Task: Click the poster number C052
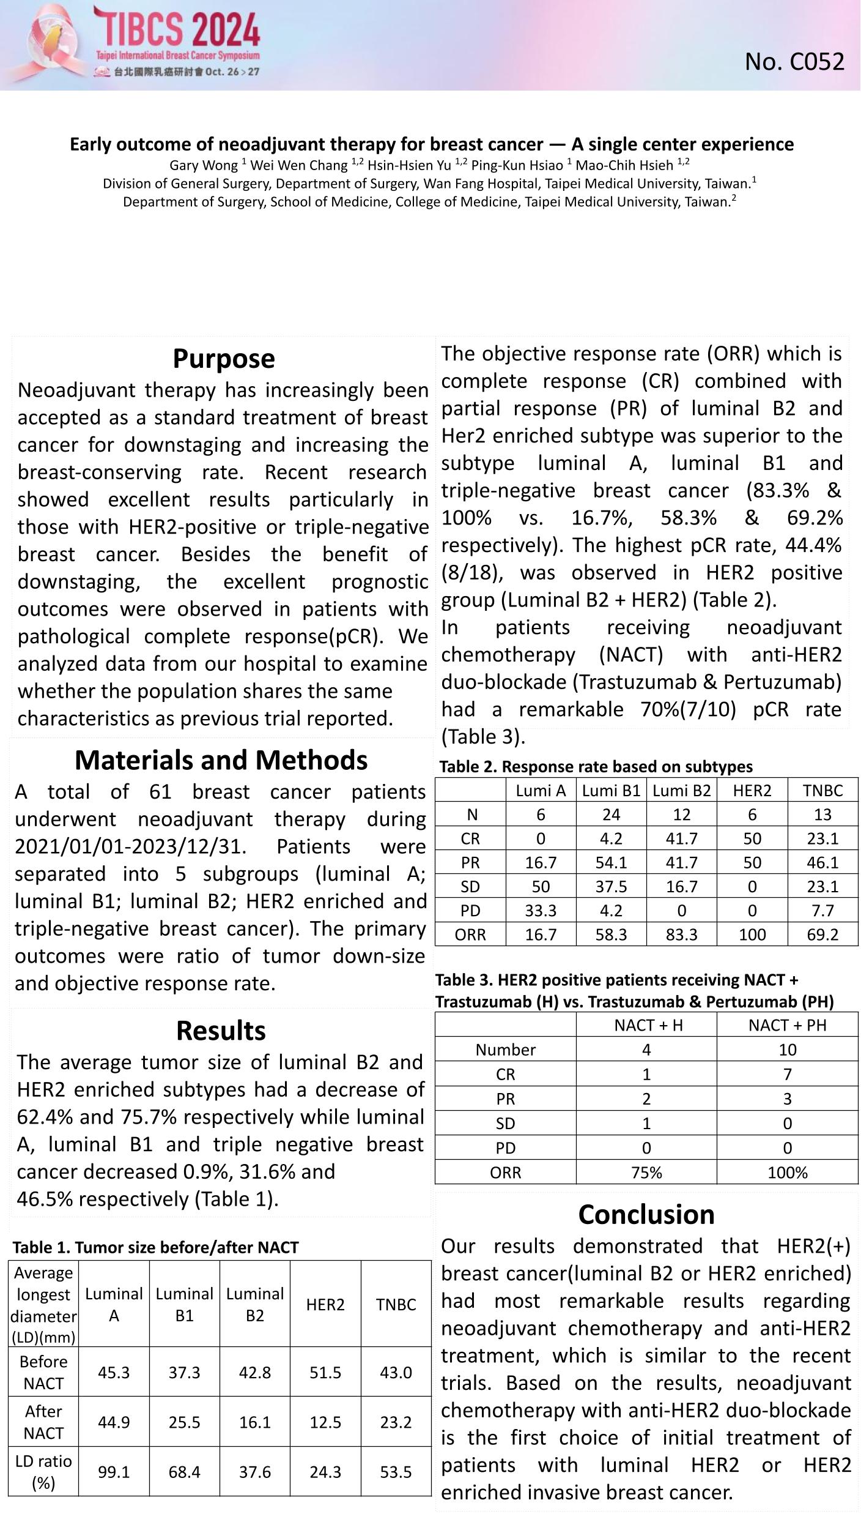click(x=794, y=62)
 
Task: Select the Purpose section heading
click(x=223, y=359)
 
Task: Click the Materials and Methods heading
click(x=221, y=760)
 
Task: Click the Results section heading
click(x=221, y=1031)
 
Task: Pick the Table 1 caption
click(x=155, y=1247)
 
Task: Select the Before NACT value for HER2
click(x=325, y=1372)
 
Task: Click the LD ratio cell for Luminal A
click(x=114, y=1472)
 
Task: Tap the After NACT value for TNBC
click(x=396, y=1422)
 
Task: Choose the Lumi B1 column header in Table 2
click(x=611, y=791)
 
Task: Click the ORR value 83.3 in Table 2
click(x=681, y=935)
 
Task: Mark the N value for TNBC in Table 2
click(x=822, y=815)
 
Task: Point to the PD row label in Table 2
click(x=470, y=911)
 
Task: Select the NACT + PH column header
click(x=787, y=1025)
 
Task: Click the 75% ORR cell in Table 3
click(x=646, y=1173)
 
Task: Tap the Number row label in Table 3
click(x=505, y=1050)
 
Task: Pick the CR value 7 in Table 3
click(x=787, y=1074)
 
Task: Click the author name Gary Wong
click(x=204, y=165)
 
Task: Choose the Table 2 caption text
click(x=596, y=767)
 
